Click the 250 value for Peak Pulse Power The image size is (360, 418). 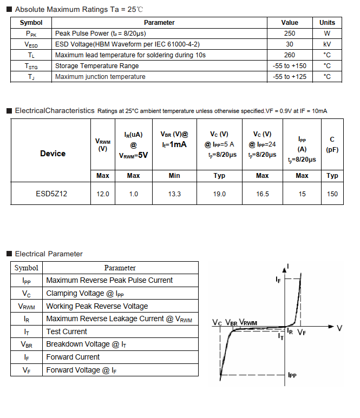click(x=290, y=34)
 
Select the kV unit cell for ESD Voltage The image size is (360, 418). click(x=327, y=44)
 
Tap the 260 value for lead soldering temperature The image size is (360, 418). click(x=290, y=55)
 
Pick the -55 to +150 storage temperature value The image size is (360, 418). click(x=290, y=66)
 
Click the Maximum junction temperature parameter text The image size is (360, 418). click(x=100, y=77)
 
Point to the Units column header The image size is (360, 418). click(x=327, y=23)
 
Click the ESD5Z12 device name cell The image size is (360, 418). click(x=53, y=194)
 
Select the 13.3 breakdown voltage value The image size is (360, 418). click(x=174, y=194)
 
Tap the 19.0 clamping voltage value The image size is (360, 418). click(x=219, y=194)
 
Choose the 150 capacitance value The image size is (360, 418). click(x=332, y=194)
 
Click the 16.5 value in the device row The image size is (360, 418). click(x=263, y=194)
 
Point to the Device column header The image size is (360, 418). click(x=53, y=154)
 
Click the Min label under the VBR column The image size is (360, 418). click(x=174, y=175)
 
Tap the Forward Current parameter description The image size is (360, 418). click(x=73, y=357)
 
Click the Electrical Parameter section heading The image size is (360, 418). click(x=49, y=254)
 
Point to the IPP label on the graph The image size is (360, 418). click(x=292, y=375)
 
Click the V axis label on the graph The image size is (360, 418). click(x=339, y=328)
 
